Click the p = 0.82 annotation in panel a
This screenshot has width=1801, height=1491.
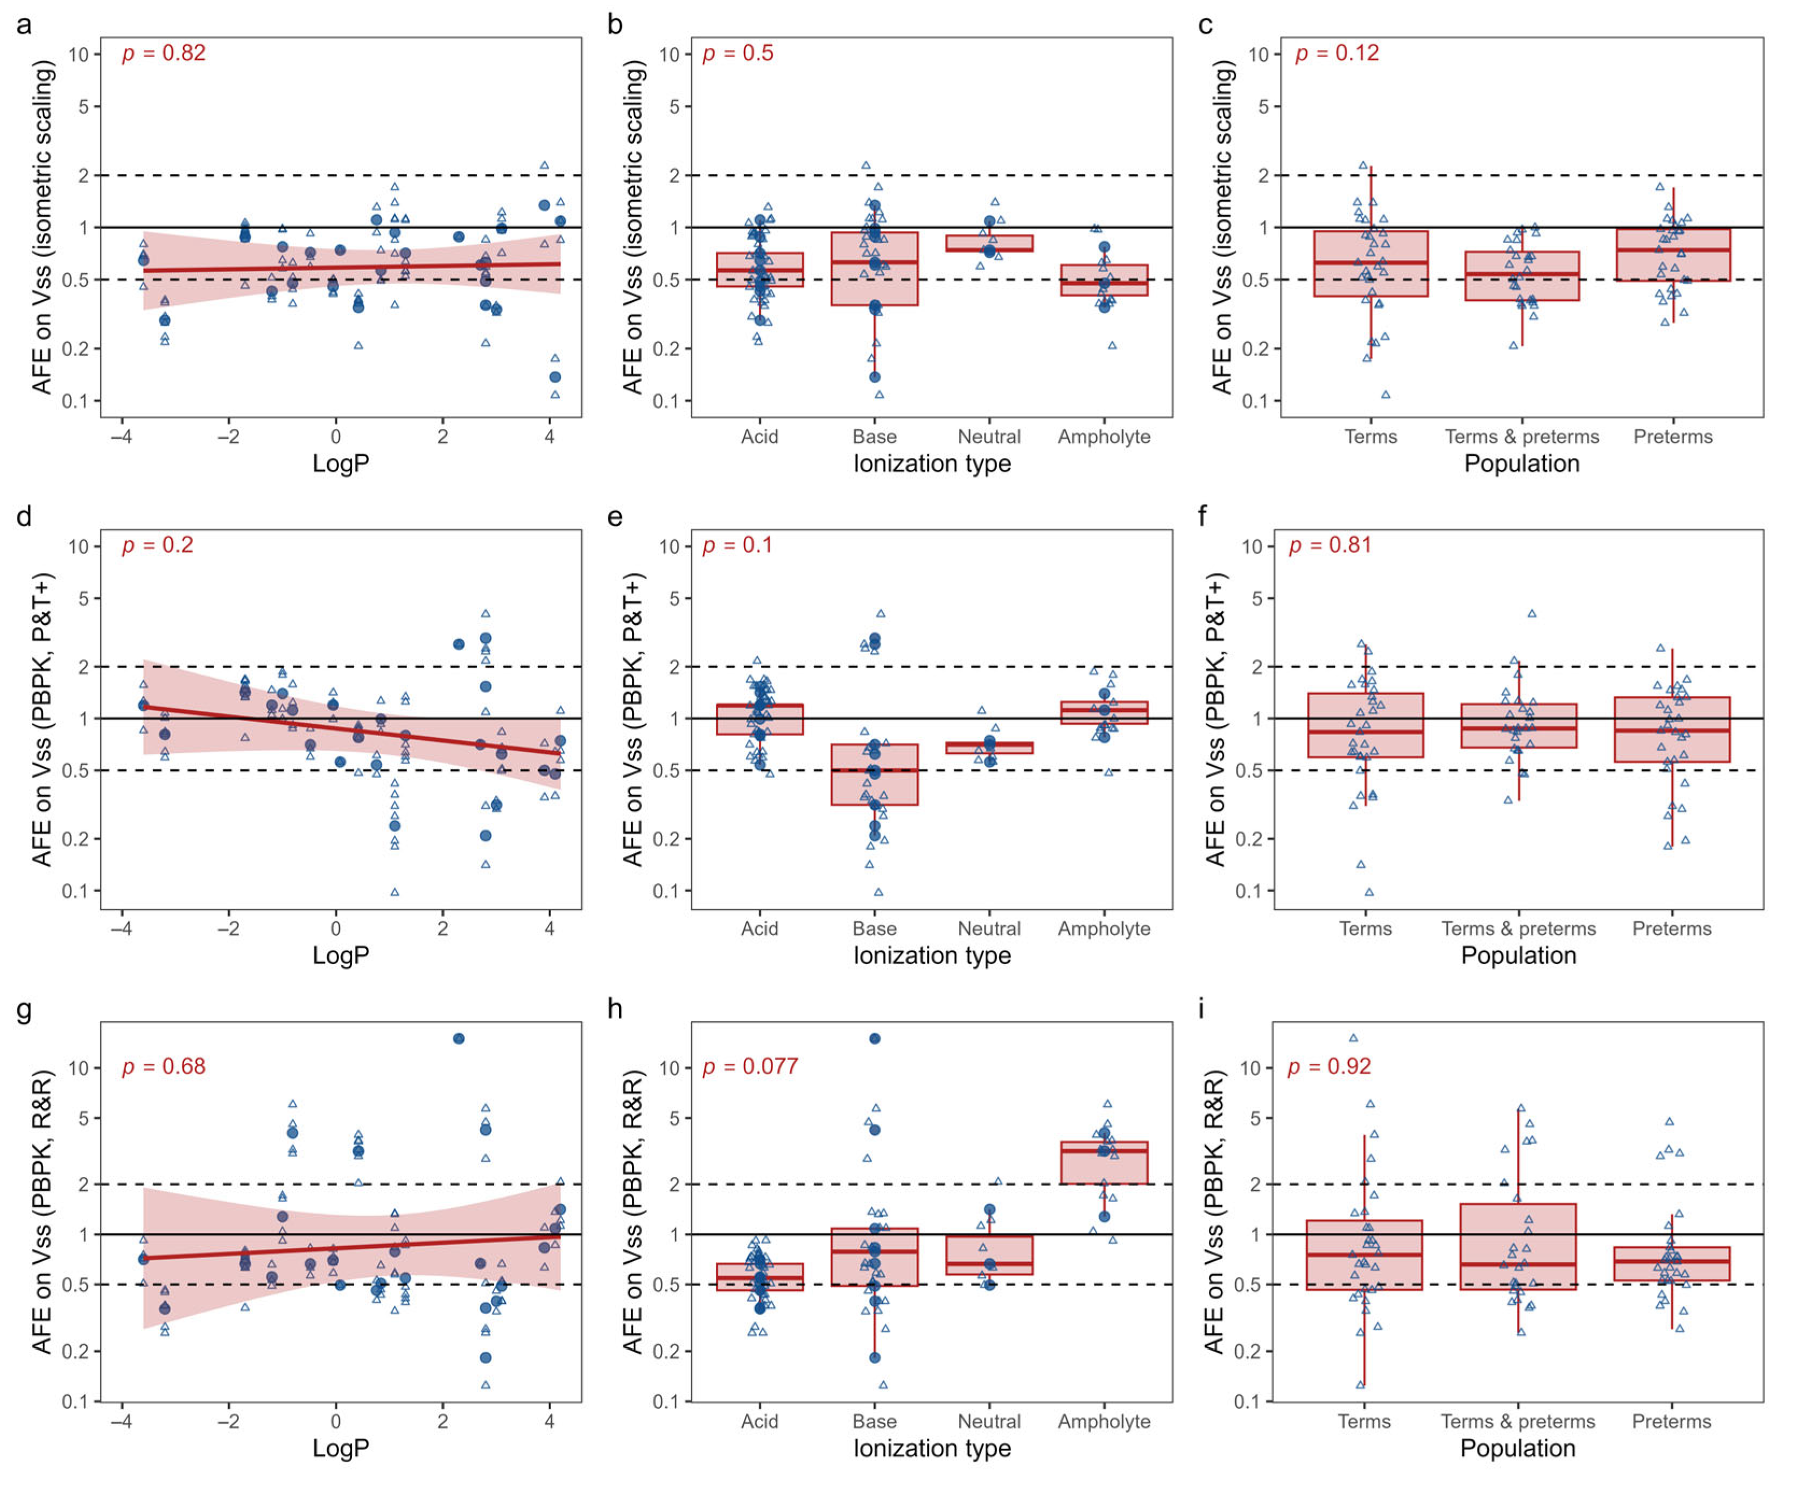tap(163, 53)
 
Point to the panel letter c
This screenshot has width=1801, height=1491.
tap(1205, 25)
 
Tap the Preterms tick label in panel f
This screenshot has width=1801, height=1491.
tap(1671, 929)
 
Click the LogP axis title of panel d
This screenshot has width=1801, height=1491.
tap(341, 955)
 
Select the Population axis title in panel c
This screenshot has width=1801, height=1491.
tap(1522, 464)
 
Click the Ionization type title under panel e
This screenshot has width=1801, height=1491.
tap(931, 955)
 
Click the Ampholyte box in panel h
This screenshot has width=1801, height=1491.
tap(1104, 1163)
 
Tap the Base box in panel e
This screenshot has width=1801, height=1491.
tap(874, 774)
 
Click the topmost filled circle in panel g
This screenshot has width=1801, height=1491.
tap(459, 1038)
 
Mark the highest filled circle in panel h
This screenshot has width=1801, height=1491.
tap(875, 1038)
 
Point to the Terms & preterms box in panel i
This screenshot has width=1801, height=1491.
tap(1518, 1247)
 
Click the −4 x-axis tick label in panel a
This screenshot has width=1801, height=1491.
tap(121, 436)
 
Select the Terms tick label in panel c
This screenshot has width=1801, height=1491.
tap(1370, 436)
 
